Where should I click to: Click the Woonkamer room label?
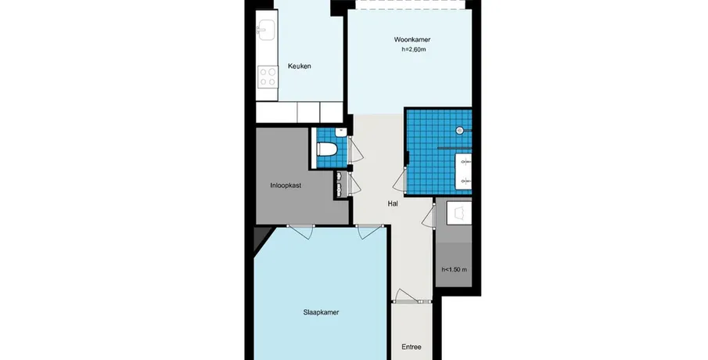click(x=412, y=40)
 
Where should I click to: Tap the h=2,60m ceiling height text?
click(x=413, y=49)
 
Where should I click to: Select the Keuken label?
click(x=300, y=66)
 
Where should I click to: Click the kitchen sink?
click(x=266, y=29)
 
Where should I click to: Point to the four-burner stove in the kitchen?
click(x=268, y=77)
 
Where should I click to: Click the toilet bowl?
click(x=327, y=149)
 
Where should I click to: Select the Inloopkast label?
click(x=286, y=185)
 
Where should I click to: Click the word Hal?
click(x=393, y=203)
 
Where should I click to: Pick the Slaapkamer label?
click(x=321, y=312)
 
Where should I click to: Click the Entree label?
click(x=412, y=347)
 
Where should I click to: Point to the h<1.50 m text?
click(x=455, y=270)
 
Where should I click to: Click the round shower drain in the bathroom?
click(x=460, y=130)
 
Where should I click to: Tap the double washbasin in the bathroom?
click(x=464, y=171)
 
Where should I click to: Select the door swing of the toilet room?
click(x=355, y=150)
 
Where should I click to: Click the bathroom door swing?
click(x=399, y=180)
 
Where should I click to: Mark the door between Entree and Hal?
click(x=406, y=296)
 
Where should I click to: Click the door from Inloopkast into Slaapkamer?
click(x=300, y=232)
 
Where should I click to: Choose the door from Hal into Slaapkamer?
click(x=369, y=232)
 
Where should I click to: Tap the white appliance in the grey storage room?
click(x=458, y=212)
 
